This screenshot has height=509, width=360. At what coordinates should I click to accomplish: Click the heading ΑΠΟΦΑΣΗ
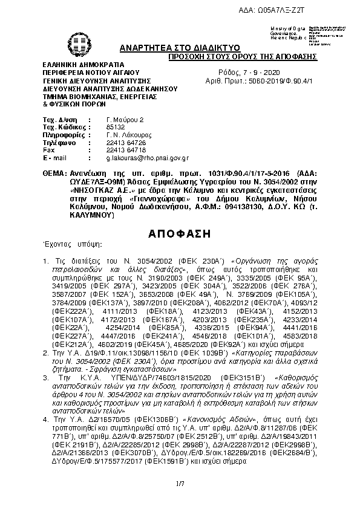(179, 234)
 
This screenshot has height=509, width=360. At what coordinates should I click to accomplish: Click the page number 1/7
(179, 483)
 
